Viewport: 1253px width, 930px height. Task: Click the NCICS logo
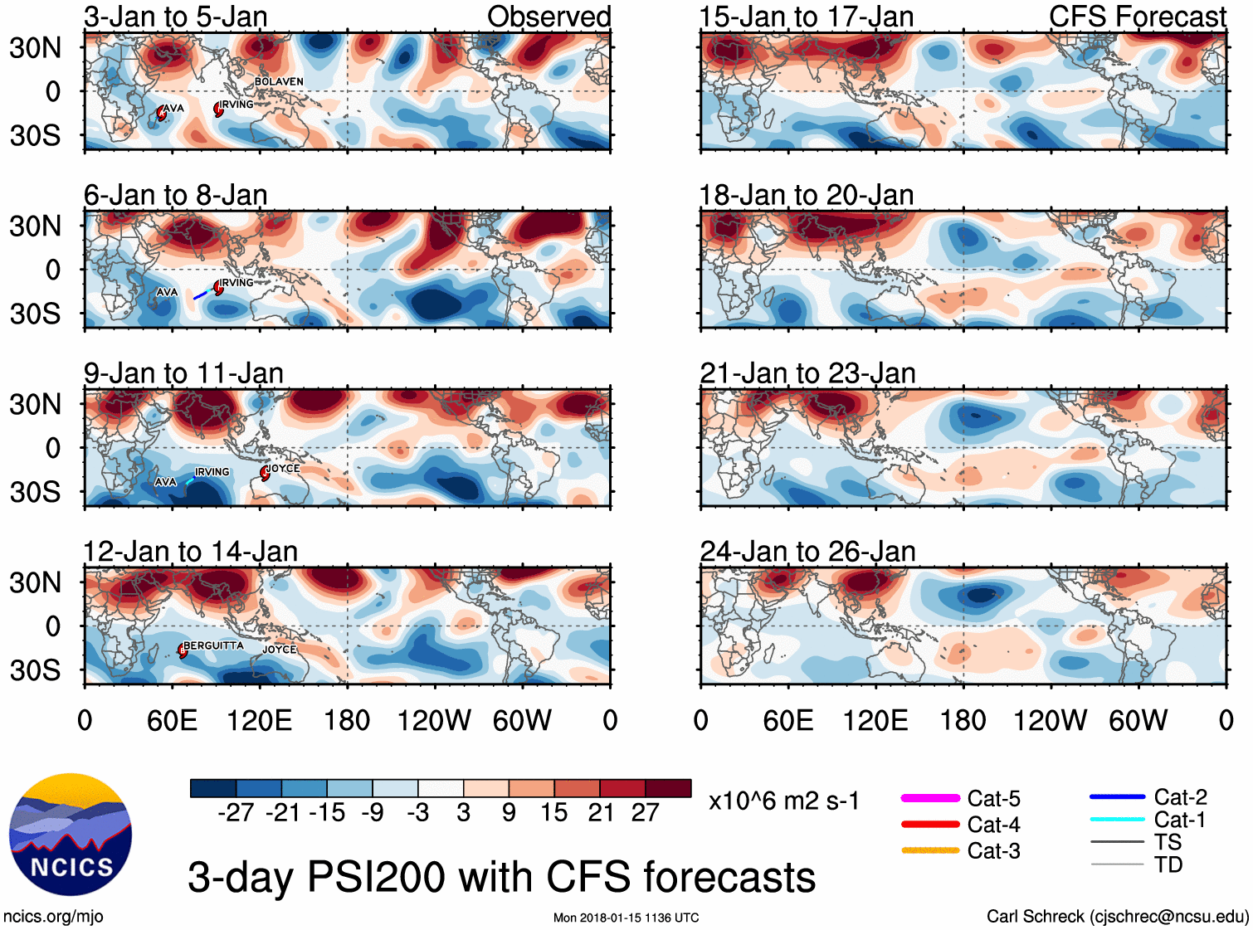click(x=71, y=835)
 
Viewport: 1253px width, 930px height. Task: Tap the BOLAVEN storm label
click(x=279, y=81)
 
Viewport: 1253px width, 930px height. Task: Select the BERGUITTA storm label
click(x=213, y=645)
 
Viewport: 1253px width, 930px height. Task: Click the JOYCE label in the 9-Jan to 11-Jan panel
click(x=283, y=468)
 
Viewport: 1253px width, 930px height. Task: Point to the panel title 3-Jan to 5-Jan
click(x=175, y=17)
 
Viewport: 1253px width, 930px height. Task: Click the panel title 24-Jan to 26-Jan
click(x=807, y=552)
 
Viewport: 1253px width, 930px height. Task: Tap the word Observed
click(x=548, y=17)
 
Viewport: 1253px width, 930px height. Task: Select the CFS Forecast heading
click(x=1137, y=17)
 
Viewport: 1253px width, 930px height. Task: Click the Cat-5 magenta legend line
click(x=930, y=798)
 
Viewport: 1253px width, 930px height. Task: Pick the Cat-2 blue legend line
click(x=1117, y=797)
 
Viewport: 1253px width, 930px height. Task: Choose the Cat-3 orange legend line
click(x=930, y=850)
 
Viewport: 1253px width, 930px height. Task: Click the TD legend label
click(x=1168, y=864)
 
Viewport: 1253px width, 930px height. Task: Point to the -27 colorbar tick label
click(x=236, y=813)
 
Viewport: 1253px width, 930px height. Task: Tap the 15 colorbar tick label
click(x=553, y=813)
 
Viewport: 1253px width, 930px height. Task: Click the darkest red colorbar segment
click(x=668, y=788)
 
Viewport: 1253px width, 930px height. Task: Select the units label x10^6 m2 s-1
click(x=783, y=801)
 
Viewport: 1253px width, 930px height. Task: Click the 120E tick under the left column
click(x=259, y=720)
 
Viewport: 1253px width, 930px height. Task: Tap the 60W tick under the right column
click(x=1138, y=720)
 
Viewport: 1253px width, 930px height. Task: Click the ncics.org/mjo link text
click(x=53, y=917)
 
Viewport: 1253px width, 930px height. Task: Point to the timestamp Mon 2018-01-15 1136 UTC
click(x=626, y=918)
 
